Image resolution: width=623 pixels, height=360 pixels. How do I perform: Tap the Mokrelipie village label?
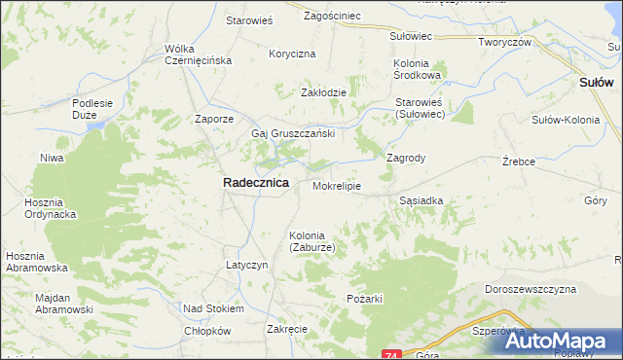[337, 184]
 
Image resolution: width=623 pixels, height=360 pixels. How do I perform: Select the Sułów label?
[596, 83]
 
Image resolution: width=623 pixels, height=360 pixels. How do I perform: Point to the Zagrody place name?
[407, 157]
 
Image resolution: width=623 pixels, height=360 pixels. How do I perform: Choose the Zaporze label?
[214, 119]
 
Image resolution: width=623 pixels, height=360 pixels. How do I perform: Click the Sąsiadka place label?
[421, 199]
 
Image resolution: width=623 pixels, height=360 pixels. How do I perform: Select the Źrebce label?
[519, 162]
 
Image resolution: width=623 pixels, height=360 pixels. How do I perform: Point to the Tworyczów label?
[503, 42]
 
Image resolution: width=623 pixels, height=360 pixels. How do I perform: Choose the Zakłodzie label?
[323, 92]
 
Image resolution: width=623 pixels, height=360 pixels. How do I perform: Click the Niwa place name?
[52, 157]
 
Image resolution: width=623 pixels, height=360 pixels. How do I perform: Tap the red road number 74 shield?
[391, 353]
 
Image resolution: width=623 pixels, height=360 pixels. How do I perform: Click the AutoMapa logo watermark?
[550, 342]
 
